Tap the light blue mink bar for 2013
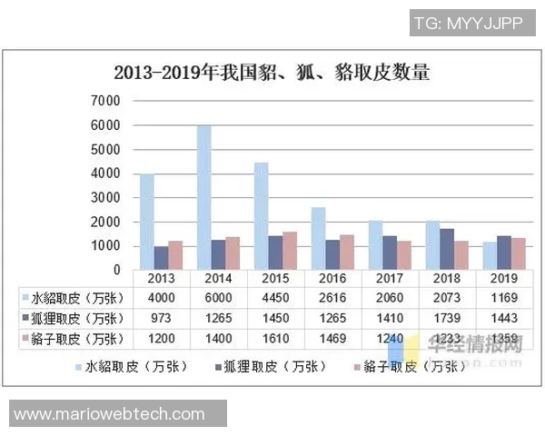click(147, 222)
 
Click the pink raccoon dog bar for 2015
click(289, 251)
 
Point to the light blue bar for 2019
click(490, 255)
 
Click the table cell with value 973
click(161, 318)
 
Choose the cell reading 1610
click(275, 339)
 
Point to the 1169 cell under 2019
click(503, 298)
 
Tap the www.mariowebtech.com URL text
click(109, 414)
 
